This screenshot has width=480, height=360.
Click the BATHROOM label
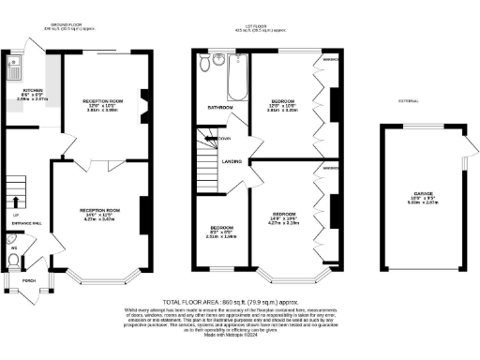tap(219, 109)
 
